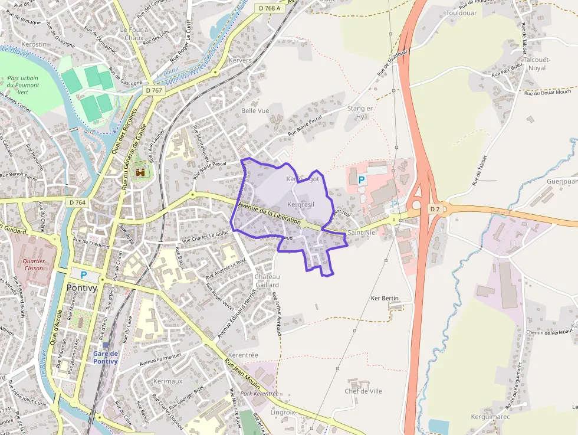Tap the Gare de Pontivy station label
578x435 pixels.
(106, 357)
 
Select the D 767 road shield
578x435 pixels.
(153, 90)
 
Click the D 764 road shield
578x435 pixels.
(77, 202)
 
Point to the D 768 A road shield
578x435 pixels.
(270, 8)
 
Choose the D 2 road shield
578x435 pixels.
(435, 209)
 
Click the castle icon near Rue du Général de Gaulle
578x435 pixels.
(140, 172)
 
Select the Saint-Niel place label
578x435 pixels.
(362, 233)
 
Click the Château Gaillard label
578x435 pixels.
(267, 280)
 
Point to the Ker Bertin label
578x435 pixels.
(385, 299)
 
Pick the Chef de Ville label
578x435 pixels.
(363, 391)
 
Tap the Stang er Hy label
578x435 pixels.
(360, 112)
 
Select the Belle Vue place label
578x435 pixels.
(255, 110)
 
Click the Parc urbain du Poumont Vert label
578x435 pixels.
(23, 85)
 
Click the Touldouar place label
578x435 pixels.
(461, 12)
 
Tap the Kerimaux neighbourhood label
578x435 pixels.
(168, 381)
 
